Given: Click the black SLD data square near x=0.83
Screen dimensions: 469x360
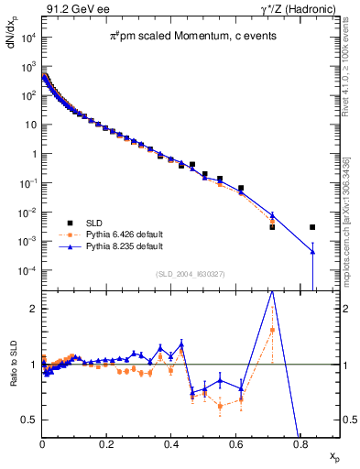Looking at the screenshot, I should click(312, 227).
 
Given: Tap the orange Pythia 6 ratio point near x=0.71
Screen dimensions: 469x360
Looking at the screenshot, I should click(272, 330).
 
